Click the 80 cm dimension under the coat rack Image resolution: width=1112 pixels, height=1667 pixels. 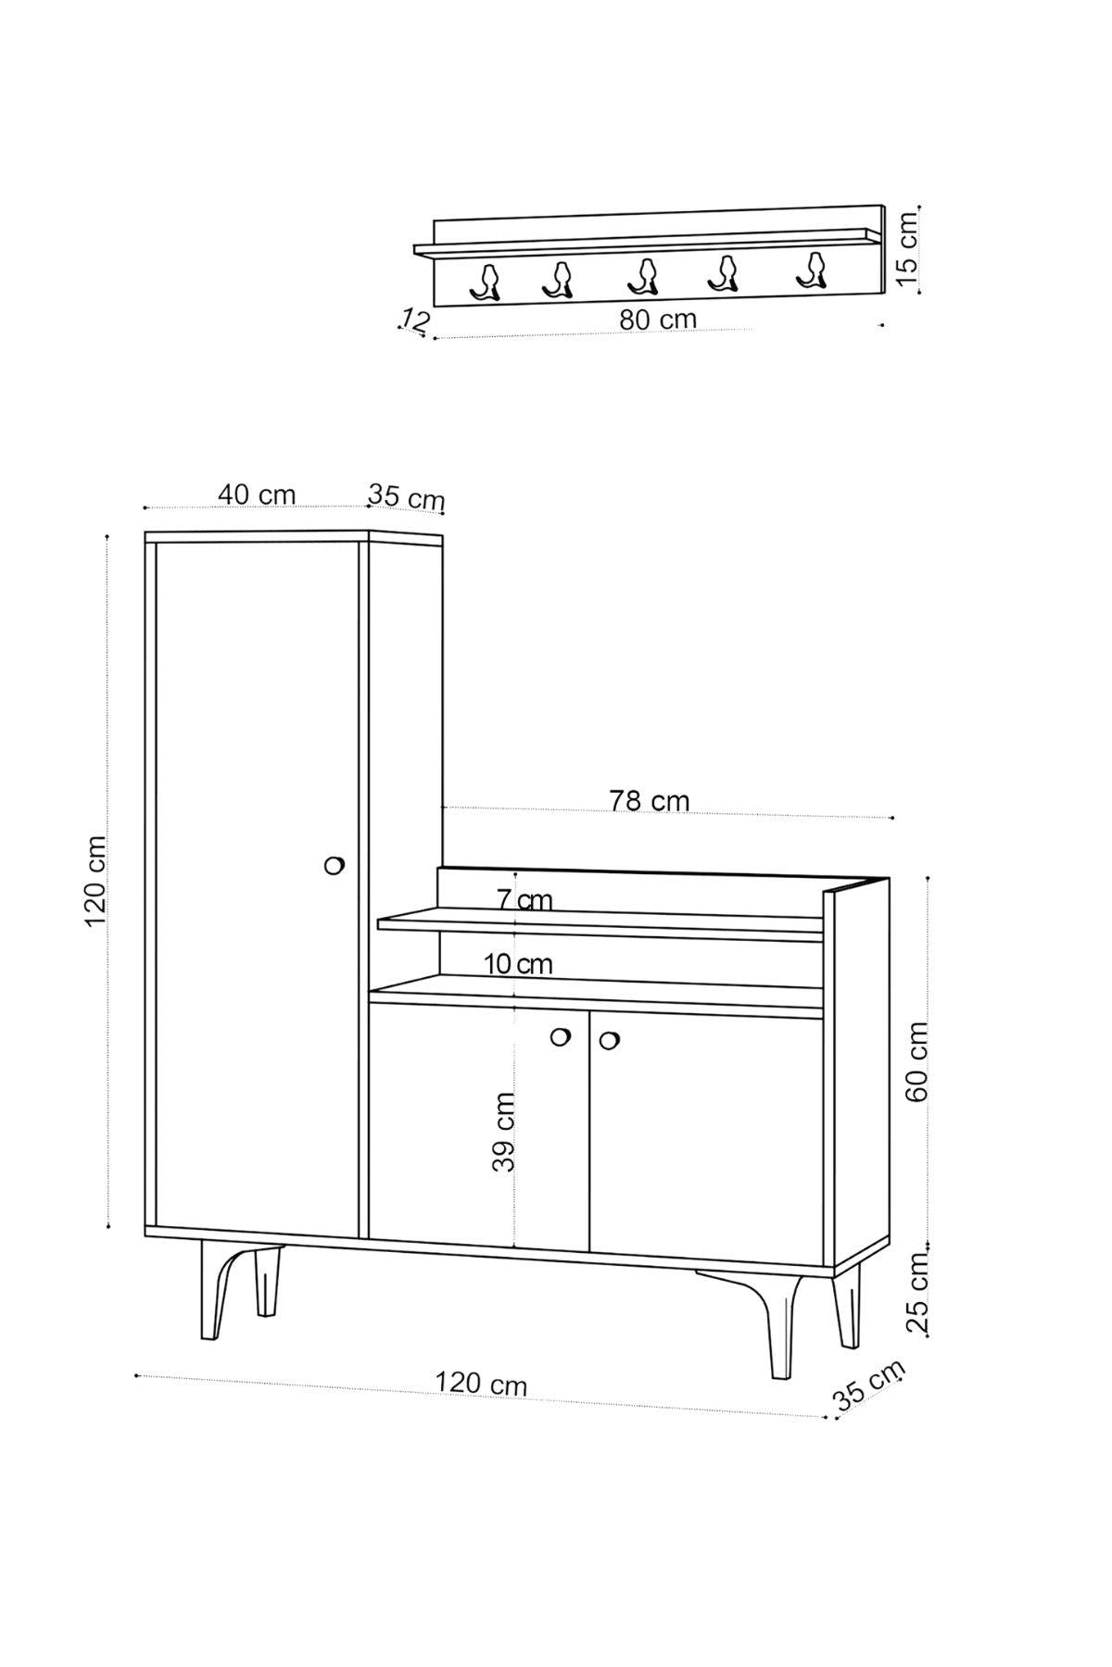(x=658, y=319)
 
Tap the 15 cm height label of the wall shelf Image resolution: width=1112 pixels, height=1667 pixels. (x=907, y=246)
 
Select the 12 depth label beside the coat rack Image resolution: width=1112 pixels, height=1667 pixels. (x=415, y=321)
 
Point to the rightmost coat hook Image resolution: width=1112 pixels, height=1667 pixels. (x=812, y=270)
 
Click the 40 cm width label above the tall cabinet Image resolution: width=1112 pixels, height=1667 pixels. (x=257, y=495)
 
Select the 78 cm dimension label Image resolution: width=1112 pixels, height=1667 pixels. (x=650, y=800)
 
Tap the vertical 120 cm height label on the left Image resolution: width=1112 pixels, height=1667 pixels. (x=95, y=882)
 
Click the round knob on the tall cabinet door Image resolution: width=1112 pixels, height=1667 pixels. (x=335, y=865)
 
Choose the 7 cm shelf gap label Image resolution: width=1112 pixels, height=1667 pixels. (x=524, y=899)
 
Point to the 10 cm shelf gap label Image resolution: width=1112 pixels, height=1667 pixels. (x=518, y=964)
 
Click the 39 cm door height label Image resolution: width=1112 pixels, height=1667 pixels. (x=503, y=1132)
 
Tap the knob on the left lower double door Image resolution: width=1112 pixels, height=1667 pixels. (x=560, y=1037)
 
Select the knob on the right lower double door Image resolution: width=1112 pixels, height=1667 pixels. (x=609, y=1040)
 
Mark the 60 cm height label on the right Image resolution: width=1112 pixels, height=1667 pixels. (x=916, y=1061)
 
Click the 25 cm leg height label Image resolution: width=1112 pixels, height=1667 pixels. (x=917, y=1293)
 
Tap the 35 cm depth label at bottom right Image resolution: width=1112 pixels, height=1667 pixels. (x=869, y=1385)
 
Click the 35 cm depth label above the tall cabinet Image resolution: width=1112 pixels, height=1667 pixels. (x=406, y=497)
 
